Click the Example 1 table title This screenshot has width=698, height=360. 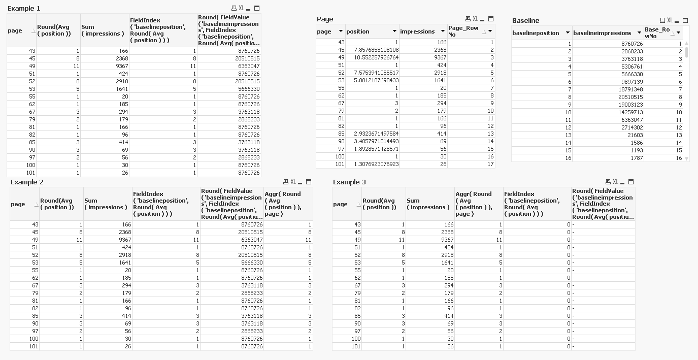pyautogui.click(x=24, y=9)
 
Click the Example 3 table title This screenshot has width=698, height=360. pyautogui.click(x=349, y=182)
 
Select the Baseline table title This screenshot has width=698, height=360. pyautogui.click(x=525, y=20)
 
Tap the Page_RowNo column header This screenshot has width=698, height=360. pyautogui.click(x=463, y=31)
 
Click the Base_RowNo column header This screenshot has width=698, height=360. pyautogui.click(x=657, y=33)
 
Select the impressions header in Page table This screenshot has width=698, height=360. pyautogui.click(x=417, y=31)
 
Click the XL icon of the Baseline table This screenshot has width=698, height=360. pyautogui.click(x=670, y=20)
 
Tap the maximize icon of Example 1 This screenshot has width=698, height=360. pyautogui.click(x=257, y=8)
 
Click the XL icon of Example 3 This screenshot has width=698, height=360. pyautogui.click(x=615, y=182)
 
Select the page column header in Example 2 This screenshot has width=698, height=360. pyautogui.click(x=18, y=204)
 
